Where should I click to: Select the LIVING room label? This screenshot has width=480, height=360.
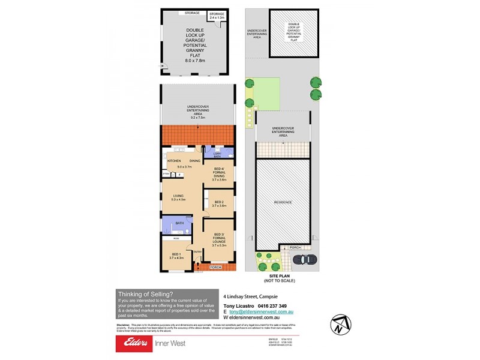(x=178, y=196)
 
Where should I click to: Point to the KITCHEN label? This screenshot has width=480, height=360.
(x=174, y=161)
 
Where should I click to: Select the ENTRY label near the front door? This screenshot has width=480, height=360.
(x=197, y=251)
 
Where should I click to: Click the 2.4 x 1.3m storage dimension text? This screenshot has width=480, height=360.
(x=217, y=18)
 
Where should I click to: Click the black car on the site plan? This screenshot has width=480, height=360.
(x=305, y=259)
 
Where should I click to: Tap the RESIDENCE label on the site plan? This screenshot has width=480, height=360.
(x=283, y=202)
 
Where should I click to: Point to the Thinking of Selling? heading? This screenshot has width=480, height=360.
(x=146, y=294)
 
